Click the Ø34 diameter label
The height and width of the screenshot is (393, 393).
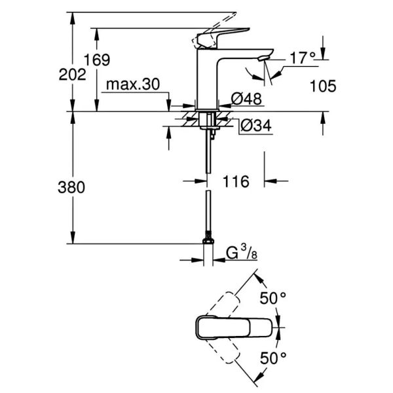255,124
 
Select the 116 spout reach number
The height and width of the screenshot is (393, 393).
236,181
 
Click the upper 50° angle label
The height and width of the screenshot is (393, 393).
273,299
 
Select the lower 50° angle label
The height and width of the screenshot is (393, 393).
273,358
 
